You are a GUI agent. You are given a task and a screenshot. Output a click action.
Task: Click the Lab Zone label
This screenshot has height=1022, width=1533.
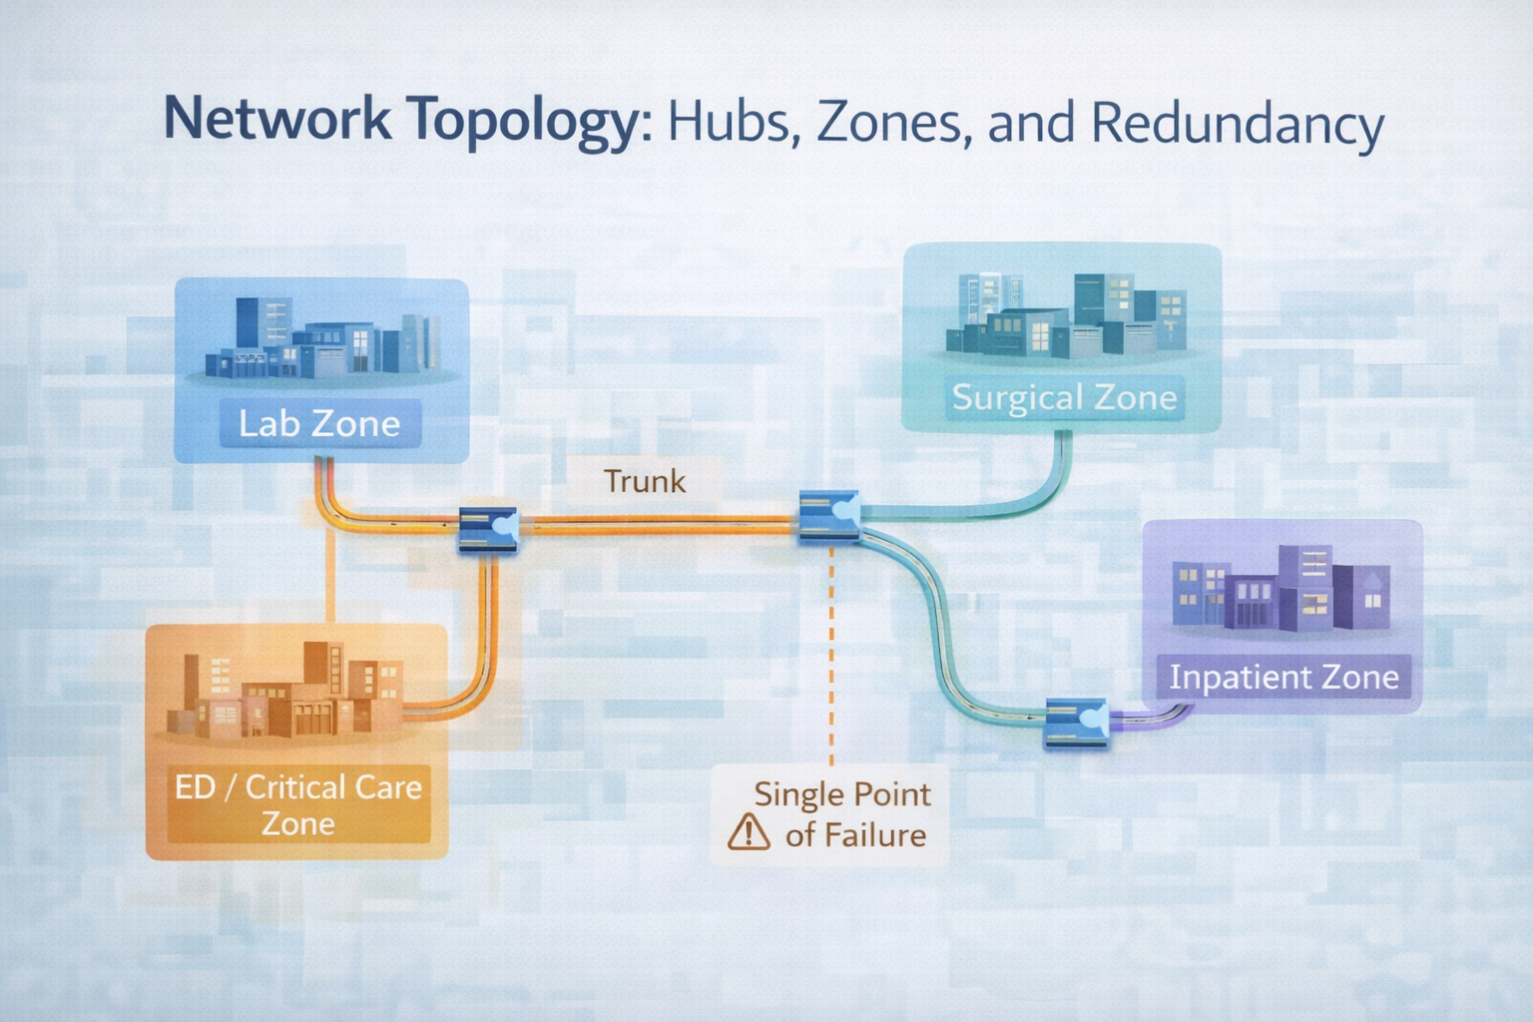[x=319, y=424]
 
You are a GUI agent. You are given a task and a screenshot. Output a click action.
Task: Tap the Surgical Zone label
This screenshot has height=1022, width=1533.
[x=1064, y=397]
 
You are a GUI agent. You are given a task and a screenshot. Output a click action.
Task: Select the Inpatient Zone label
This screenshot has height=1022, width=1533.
[x=1283, y=677]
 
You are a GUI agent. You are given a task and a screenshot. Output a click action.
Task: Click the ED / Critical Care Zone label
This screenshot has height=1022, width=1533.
[x=297, y=804]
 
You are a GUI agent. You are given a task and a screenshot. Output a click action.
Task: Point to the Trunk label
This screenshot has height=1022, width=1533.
[x=645, y=481]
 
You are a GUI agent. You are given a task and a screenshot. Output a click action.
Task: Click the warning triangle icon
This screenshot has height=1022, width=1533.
[x=749, y=831]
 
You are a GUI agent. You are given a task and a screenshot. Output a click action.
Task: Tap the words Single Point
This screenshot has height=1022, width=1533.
[x=841, y=794]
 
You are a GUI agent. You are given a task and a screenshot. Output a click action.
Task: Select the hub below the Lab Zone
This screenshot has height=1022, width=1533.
[x=488, y=529]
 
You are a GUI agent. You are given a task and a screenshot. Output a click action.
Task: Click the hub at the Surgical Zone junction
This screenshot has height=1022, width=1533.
[x=829, y=516]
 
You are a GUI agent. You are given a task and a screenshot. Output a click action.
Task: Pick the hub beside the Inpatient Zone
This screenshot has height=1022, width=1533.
[x=1076, y=723]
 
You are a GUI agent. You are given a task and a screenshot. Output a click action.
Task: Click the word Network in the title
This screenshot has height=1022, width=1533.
[x=277, y=120]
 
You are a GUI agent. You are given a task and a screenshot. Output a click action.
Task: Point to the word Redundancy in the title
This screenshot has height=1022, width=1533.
[x=1237, y=124]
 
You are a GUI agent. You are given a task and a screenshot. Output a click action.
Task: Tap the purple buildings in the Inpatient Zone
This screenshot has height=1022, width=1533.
[x=1281, y=591]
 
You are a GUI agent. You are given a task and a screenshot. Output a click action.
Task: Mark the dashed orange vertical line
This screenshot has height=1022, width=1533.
[x=831, y=649]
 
